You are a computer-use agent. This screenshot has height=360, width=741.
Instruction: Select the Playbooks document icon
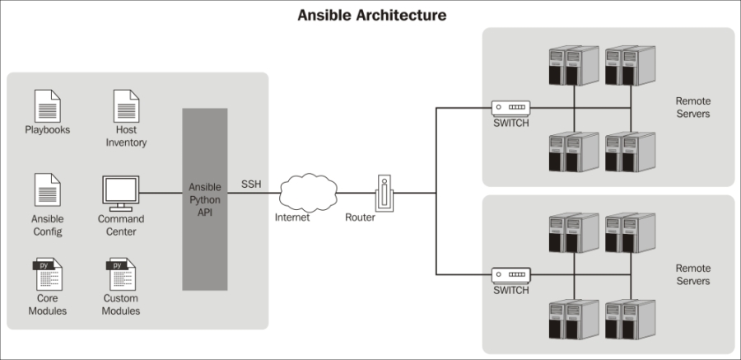pos(47,106)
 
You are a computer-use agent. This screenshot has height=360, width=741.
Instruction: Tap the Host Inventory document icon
pos(126,106)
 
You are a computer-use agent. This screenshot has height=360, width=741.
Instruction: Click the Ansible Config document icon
pos(47,189)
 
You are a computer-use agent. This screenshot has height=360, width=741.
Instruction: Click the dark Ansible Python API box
pos(204,199)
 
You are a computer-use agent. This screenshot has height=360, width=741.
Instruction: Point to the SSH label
pos(251,184)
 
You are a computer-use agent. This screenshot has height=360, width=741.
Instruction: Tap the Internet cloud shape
pos(310,193)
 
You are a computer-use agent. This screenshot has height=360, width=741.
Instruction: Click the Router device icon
pos(383,193)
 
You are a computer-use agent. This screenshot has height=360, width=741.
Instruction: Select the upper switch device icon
pos(510,107)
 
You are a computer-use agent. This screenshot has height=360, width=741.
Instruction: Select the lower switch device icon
pos(510,274)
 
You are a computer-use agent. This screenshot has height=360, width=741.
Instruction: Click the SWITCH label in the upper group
pos(511,124)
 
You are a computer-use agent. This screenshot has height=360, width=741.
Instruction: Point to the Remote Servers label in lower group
pos(692,274)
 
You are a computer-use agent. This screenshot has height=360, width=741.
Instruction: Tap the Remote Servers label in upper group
pos(692,107)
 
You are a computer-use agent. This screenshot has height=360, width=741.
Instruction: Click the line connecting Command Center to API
pos(161,193)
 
